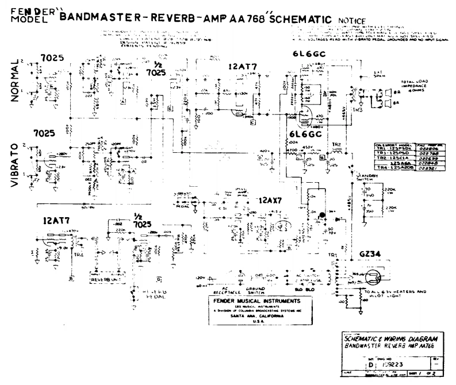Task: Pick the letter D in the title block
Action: [371, 364]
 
